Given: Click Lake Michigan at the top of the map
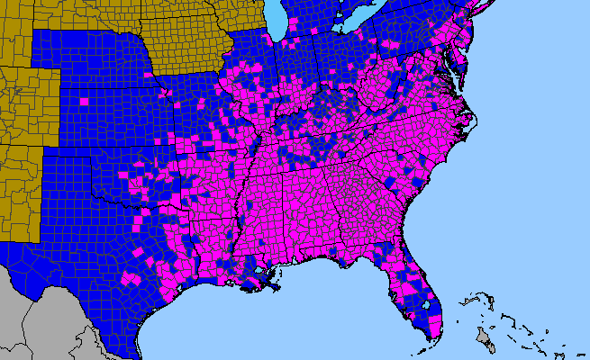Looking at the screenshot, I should (x=277, y=18).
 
